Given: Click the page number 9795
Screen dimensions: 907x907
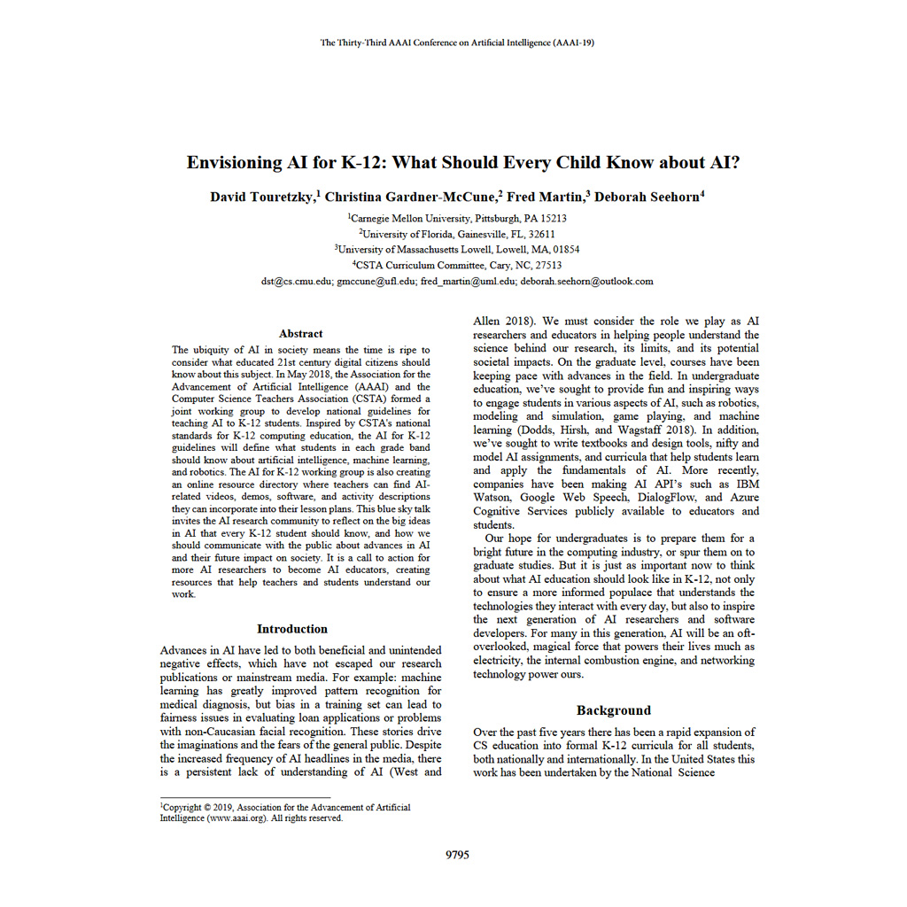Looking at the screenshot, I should pyautogui.click(x=457, y=855).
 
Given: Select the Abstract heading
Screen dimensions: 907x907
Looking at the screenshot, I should pyautogui.click(x=301, y=333).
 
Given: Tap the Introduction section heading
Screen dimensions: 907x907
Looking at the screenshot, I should pyautogui.click(x=292, y=629).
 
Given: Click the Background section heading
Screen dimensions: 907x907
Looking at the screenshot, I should pyautogui.click(x=614, y=710).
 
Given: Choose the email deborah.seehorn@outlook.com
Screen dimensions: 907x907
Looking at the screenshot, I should pyautogui.click(x=586, y=282).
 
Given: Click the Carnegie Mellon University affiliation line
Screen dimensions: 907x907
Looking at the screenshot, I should pyautogui.click(x=458, y=218).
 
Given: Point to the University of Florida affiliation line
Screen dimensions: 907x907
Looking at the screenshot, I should pyautogui.click(x=458, y=234).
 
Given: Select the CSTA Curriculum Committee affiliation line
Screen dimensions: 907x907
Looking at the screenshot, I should pyautogui.click(x=458, y=265).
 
